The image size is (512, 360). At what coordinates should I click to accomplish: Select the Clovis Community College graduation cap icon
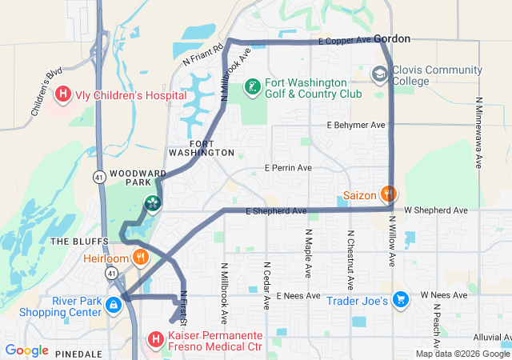pyautogui.click(x=379, y=75)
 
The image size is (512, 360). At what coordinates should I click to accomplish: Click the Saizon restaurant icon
pyautogui.click(x=388, y=194)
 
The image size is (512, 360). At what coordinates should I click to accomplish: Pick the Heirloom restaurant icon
pyautogui.click(x=140, y=258)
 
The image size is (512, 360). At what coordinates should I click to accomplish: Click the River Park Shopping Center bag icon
pyautogui.click(x=114, y=305)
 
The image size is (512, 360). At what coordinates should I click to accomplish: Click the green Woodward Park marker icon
pyautogui.click(x=151, y=205)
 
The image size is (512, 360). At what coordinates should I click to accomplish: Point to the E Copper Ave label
pyautogui.click(x=344, y=40)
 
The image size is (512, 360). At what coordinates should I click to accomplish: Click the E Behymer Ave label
pyautogui.click(x=356, y=126)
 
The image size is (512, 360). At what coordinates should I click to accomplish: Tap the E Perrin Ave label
pyautogui.click(x=289, y=168)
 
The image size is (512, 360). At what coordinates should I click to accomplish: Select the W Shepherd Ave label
pyautogui.click(x=435, y=210)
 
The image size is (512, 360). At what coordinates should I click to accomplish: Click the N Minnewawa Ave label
pyautogui.click(x=478, y=132)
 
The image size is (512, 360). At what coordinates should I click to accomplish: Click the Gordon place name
pyautogui.click(x=392, y=38)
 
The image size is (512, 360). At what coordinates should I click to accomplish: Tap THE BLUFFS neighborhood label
pyautogui.click(x=74, y=241)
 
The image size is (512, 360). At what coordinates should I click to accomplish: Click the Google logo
pyautogui.click(x=26, y=350)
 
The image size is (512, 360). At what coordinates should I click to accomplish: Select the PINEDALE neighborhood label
pyautogui.click(x=79, y=353)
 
